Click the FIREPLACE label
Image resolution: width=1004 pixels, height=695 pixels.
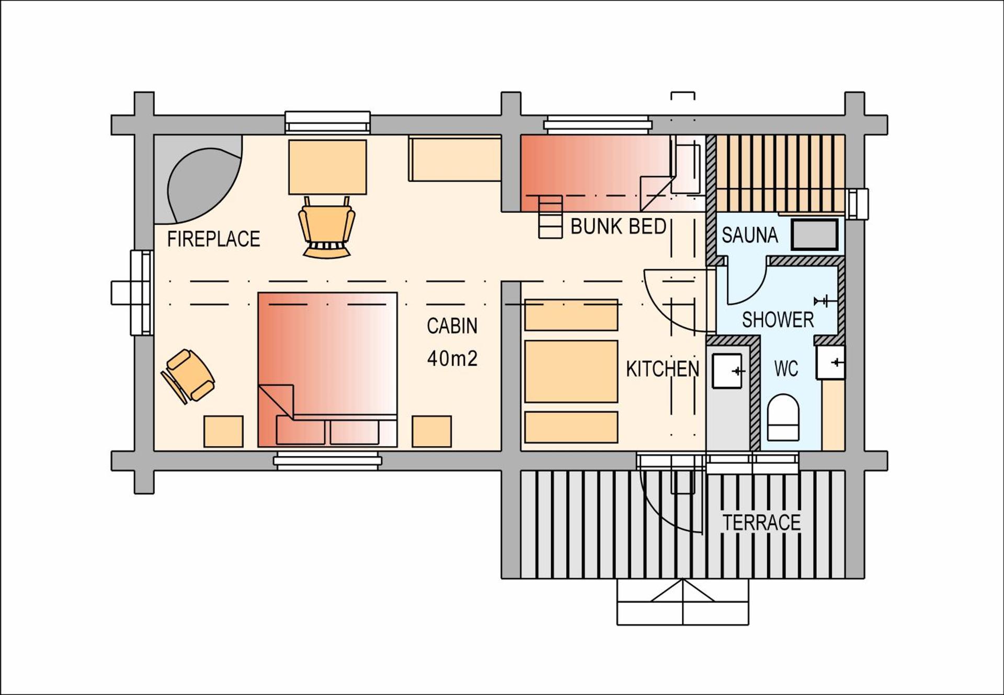[213, 239]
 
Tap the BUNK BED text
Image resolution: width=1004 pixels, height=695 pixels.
[618, 227]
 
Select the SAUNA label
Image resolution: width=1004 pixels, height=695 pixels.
[749, 235]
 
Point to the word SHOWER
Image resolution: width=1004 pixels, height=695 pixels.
[778, 320]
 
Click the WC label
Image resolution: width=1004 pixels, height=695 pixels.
[786, 369]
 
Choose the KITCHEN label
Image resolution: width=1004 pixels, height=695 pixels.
[663, 369]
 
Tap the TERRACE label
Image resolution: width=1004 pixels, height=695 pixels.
[761, 523]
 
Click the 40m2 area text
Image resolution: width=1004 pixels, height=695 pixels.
[452, 359]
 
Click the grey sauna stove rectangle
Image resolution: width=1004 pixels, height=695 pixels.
[814, 235]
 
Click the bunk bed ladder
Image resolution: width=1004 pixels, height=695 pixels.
[550, 217]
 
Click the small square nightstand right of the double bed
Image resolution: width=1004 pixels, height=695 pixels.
[431, 431]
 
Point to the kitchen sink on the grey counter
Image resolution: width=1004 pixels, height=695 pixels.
[727, 371]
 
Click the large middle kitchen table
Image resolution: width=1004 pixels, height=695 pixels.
[571, 372]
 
